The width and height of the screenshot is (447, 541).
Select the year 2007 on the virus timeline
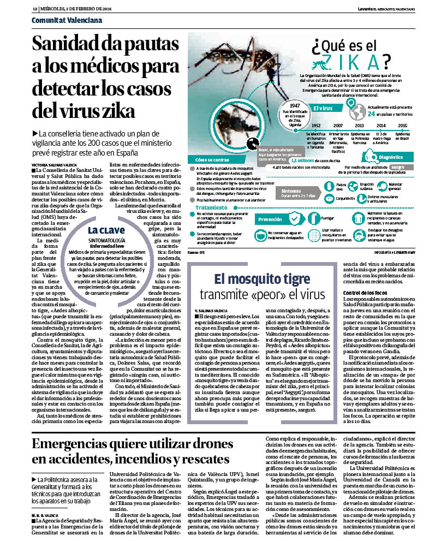[339, 126]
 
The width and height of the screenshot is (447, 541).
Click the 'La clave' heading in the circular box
[105, 230]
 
